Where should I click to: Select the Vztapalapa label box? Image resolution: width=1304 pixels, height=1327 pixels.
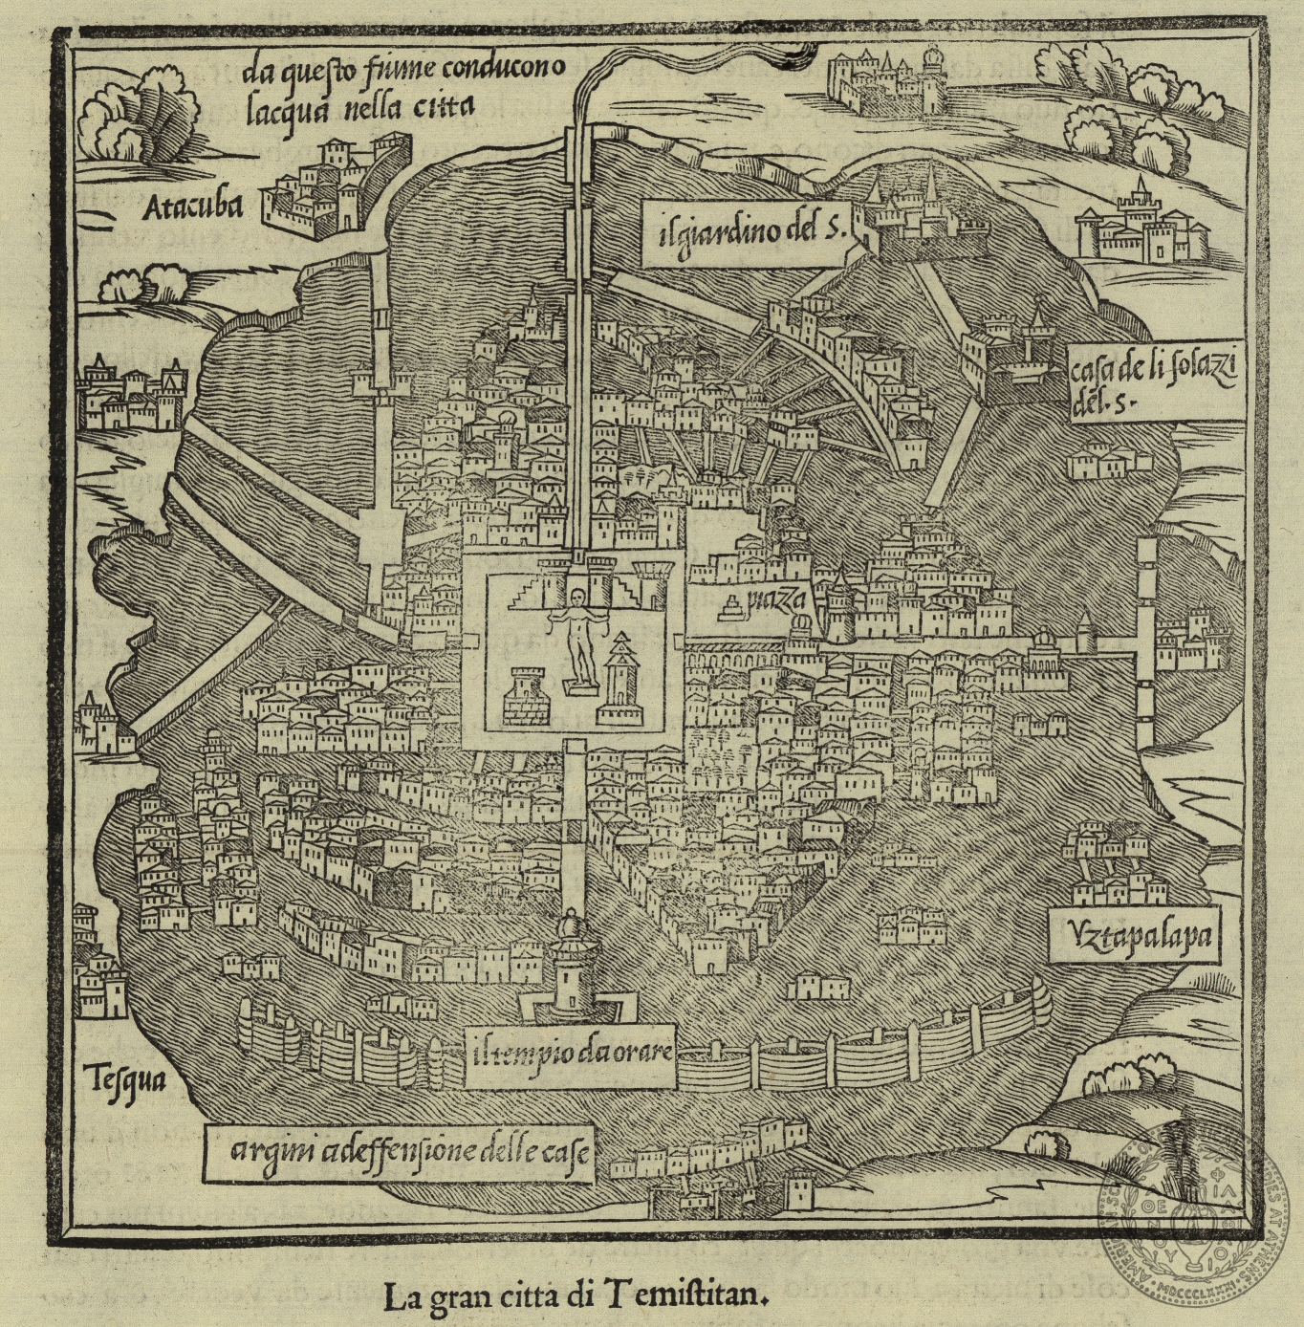coord(1134,934)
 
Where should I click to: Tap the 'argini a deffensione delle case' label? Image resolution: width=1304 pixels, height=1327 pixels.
coord(397,1151)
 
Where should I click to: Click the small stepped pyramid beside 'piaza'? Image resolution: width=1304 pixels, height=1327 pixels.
coord(733,606)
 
